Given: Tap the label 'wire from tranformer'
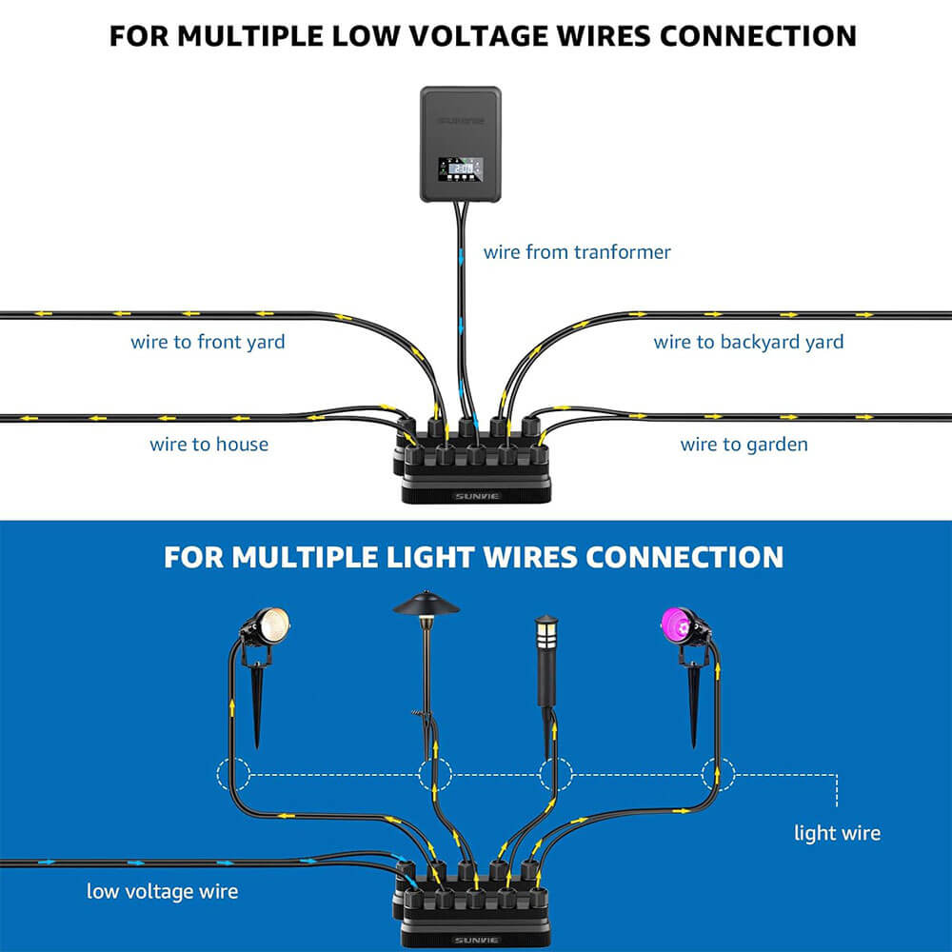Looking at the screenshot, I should coord(577,252).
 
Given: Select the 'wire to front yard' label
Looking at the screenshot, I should coord(208,342).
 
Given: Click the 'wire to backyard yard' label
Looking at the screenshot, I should coord(748,342).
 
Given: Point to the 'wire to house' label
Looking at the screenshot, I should coord(208,445).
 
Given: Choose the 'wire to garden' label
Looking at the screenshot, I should coord(744,445).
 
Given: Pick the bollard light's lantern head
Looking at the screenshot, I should coord(546,631).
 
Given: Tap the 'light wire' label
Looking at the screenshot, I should coord(837,834).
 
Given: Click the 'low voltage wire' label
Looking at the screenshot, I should coord(162,892).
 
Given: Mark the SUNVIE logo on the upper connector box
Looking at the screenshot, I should coord(475,496).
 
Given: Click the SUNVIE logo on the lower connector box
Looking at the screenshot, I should coord(475,939).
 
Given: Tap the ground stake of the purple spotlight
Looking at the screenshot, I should coord(694,709).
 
